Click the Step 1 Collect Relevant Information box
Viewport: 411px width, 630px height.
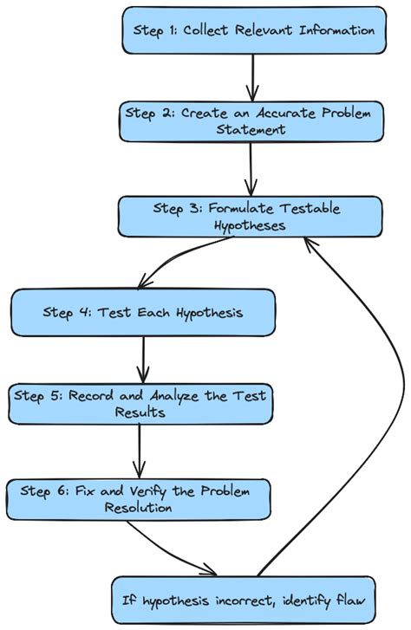coord(253,30)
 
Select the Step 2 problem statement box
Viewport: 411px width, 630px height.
coord(251,120)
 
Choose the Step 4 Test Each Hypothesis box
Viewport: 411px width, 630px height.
coord(143,313)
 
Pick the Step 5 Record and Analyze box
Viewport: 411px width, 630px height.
coord(140,404)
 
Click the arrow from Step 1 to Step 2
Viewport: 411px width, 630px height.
coord(252,77)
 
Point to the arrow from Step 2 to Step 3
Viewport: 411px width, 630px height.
coord(251,168)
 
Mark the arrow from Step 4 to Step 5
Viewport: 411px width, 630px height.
coord(142,357)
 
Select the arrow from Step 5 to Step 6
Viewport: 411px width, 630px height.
coord(140,451)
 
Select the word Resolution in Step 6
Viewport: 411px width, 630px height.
coord(139,509)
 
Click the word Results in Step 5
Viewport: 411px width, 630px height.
coord(140,412)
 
